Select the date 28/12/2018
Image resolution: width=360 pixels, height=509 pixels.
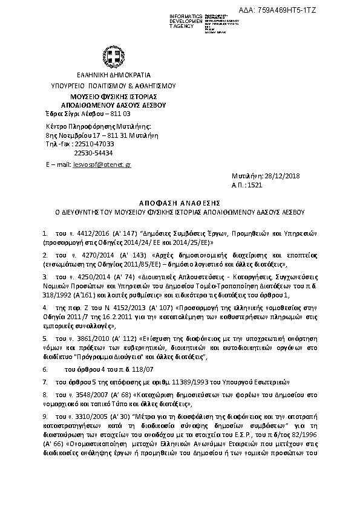tap(279, 176)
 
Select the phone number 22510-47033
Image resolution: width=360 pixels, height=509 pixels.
tap(94, 144)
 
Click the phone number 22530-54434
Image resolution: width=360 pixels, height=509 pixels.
tap(93, 153)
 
